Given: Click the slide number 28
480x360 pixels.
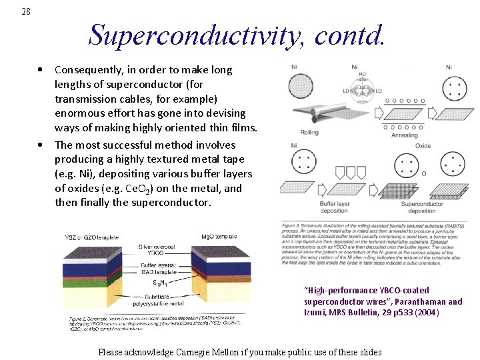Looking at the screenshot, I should tap(26, 11).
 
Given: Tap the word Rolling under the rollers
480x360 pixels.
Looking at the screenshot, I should tap(309, 132).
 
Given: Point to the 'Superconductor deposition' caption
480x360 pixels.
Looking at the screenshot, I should tap(421, 207).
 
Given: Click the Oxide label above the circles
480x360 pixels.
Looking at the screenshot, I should tap(423, 145).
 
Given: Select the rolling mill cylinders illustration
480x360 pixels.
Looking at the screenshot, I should tap(313, 114).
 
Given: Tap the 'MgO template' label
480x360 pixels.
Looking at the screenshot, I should tap(219, 236).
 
